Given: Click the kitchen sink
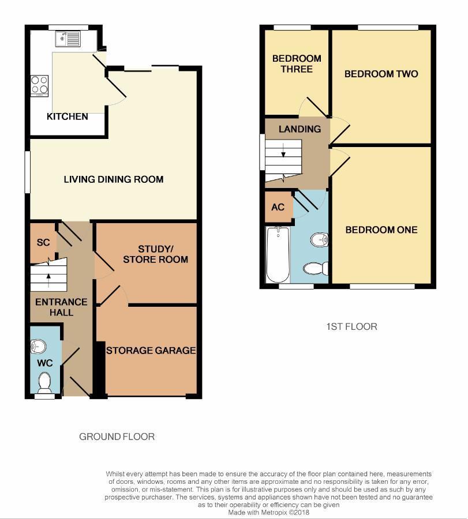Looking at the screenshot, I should [x=69, y=39].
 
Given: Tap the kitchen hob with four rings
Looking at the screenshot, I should [x=40, y=85].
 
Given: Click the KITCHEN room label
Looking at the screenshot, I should [x=68, y=116].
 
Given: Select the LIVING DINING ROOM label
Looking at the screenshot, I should [x=114, y=179].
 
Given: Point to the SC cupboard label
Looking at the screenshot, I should [x=43, y=243].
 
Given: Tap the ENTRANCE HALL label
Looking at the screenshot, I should [x=61, y=307].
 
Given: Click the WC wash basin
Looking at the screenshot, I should [x=38, y=346].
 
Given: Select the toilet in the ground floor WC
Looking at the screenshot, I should [x=43, y=381].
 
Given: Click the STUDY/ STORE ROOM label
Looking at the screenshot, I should [x=155, y=254].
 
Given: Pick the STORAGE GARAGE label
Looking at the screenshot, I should [x=151, y=351].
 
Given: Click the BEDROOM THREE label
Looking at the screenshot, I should [x=297, y=64].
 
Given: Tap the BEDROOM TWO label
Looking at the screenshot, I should [x=381, y=74].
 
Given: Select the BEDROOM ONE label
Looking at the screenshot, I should [x=381, y=230].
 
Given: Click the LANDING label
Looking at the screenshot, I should [x=299, y=129].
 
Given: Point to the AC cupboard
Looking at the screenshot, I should [x=278, y=207].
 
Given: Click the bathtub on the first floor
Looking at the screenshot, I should [x=278, y=254].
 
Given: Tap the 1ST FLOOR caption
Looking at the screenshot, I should [x=351, y=327].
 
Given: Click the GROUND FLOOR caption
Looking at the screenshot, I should [x=117, y=437].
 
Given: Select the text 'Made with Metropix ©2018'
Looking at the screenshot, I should [x=268, y=512].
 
